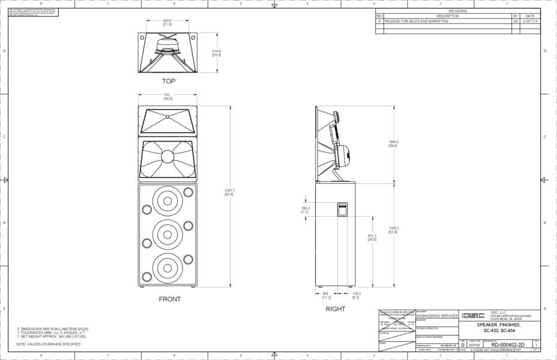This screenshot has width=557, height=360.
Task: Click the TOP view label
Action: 168,81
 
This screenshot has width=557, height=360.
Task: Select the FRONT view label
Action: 169,299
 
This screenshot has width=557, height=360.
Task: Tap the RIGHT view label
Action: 336,308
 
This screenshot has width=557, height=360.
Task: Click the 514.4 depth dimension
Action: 216,53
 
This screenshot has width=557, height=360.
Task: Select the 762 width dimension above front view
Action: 167,97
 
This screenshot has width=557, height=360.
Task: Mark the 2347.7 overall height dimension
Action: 229,192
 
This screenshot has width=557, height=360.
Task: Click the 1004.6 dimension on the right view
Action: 394,143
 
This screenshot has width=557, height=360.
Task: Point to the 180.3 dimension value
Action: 304,210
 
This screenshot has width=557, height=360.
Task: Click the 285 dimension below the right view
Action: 326,295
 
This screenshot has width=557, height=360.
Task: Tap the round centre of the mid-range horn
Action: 167,157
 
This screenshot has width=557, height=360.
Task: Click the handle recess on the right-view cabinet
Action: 342,209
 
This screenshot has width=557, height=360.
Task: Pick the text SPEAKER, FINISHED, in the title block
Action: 499,325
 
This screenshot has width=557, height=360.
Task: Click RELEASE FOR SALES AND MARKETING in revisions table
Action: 415,21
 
